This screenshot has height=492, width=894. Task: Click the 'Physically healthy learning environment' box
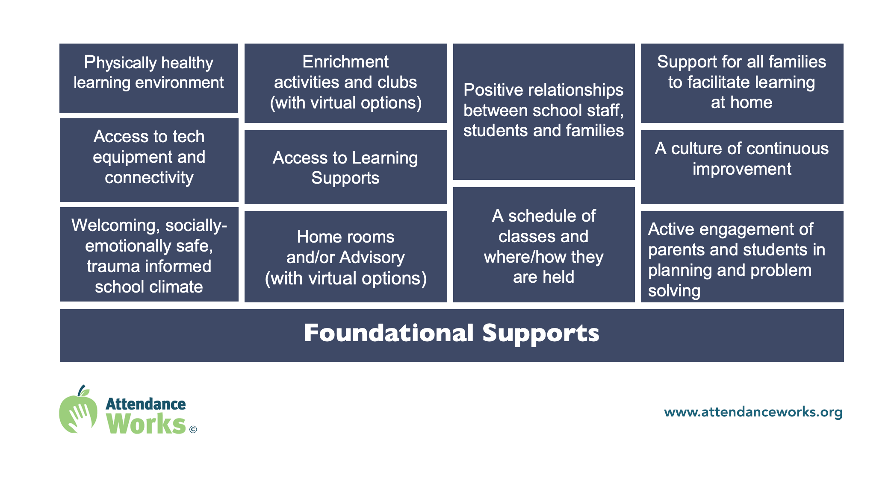pos(148,78)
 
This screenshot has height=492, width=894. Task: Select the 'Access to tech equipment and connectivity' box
pos(149,160)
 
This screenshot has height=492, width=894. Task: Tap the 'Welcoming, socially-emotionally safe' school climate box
pos(149,255)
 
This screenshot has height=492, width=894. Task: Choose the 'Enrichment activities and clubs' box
pos(346,83)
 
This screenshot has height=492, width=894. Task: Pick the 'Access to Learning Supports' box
pos(346,167)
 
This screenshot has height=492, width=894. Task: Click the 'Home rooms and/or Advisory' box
pos(346,257)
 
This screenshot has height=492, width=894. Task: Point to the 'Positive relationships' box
pos(544,111)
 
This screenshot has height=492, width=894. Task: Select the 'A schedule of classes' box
pos(544,245)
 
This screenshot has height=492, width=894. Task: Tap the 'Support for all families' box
pos(742,83)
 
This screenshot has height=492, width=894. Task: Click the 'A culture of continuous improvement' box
pos(742,167)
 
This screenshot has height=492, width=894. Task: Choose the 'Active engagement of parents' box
pos(742,257)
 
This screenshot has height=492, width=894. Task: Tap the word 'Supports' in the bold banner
pos(541,334)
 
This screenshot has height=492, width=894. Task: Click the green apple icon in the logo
pos(78,410)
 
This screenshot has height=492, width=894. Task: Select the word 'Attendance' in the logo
pos(145,404)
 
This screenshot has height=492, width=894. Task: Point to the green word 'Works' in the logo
pos(146,424)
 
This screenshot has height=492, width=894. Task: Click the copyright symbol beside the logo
pos(193,430)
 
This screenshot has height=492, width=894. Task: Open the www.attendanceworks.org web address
pos(753,412)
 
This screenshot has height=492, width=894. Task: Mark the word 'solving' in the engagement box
pos(674,291)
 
